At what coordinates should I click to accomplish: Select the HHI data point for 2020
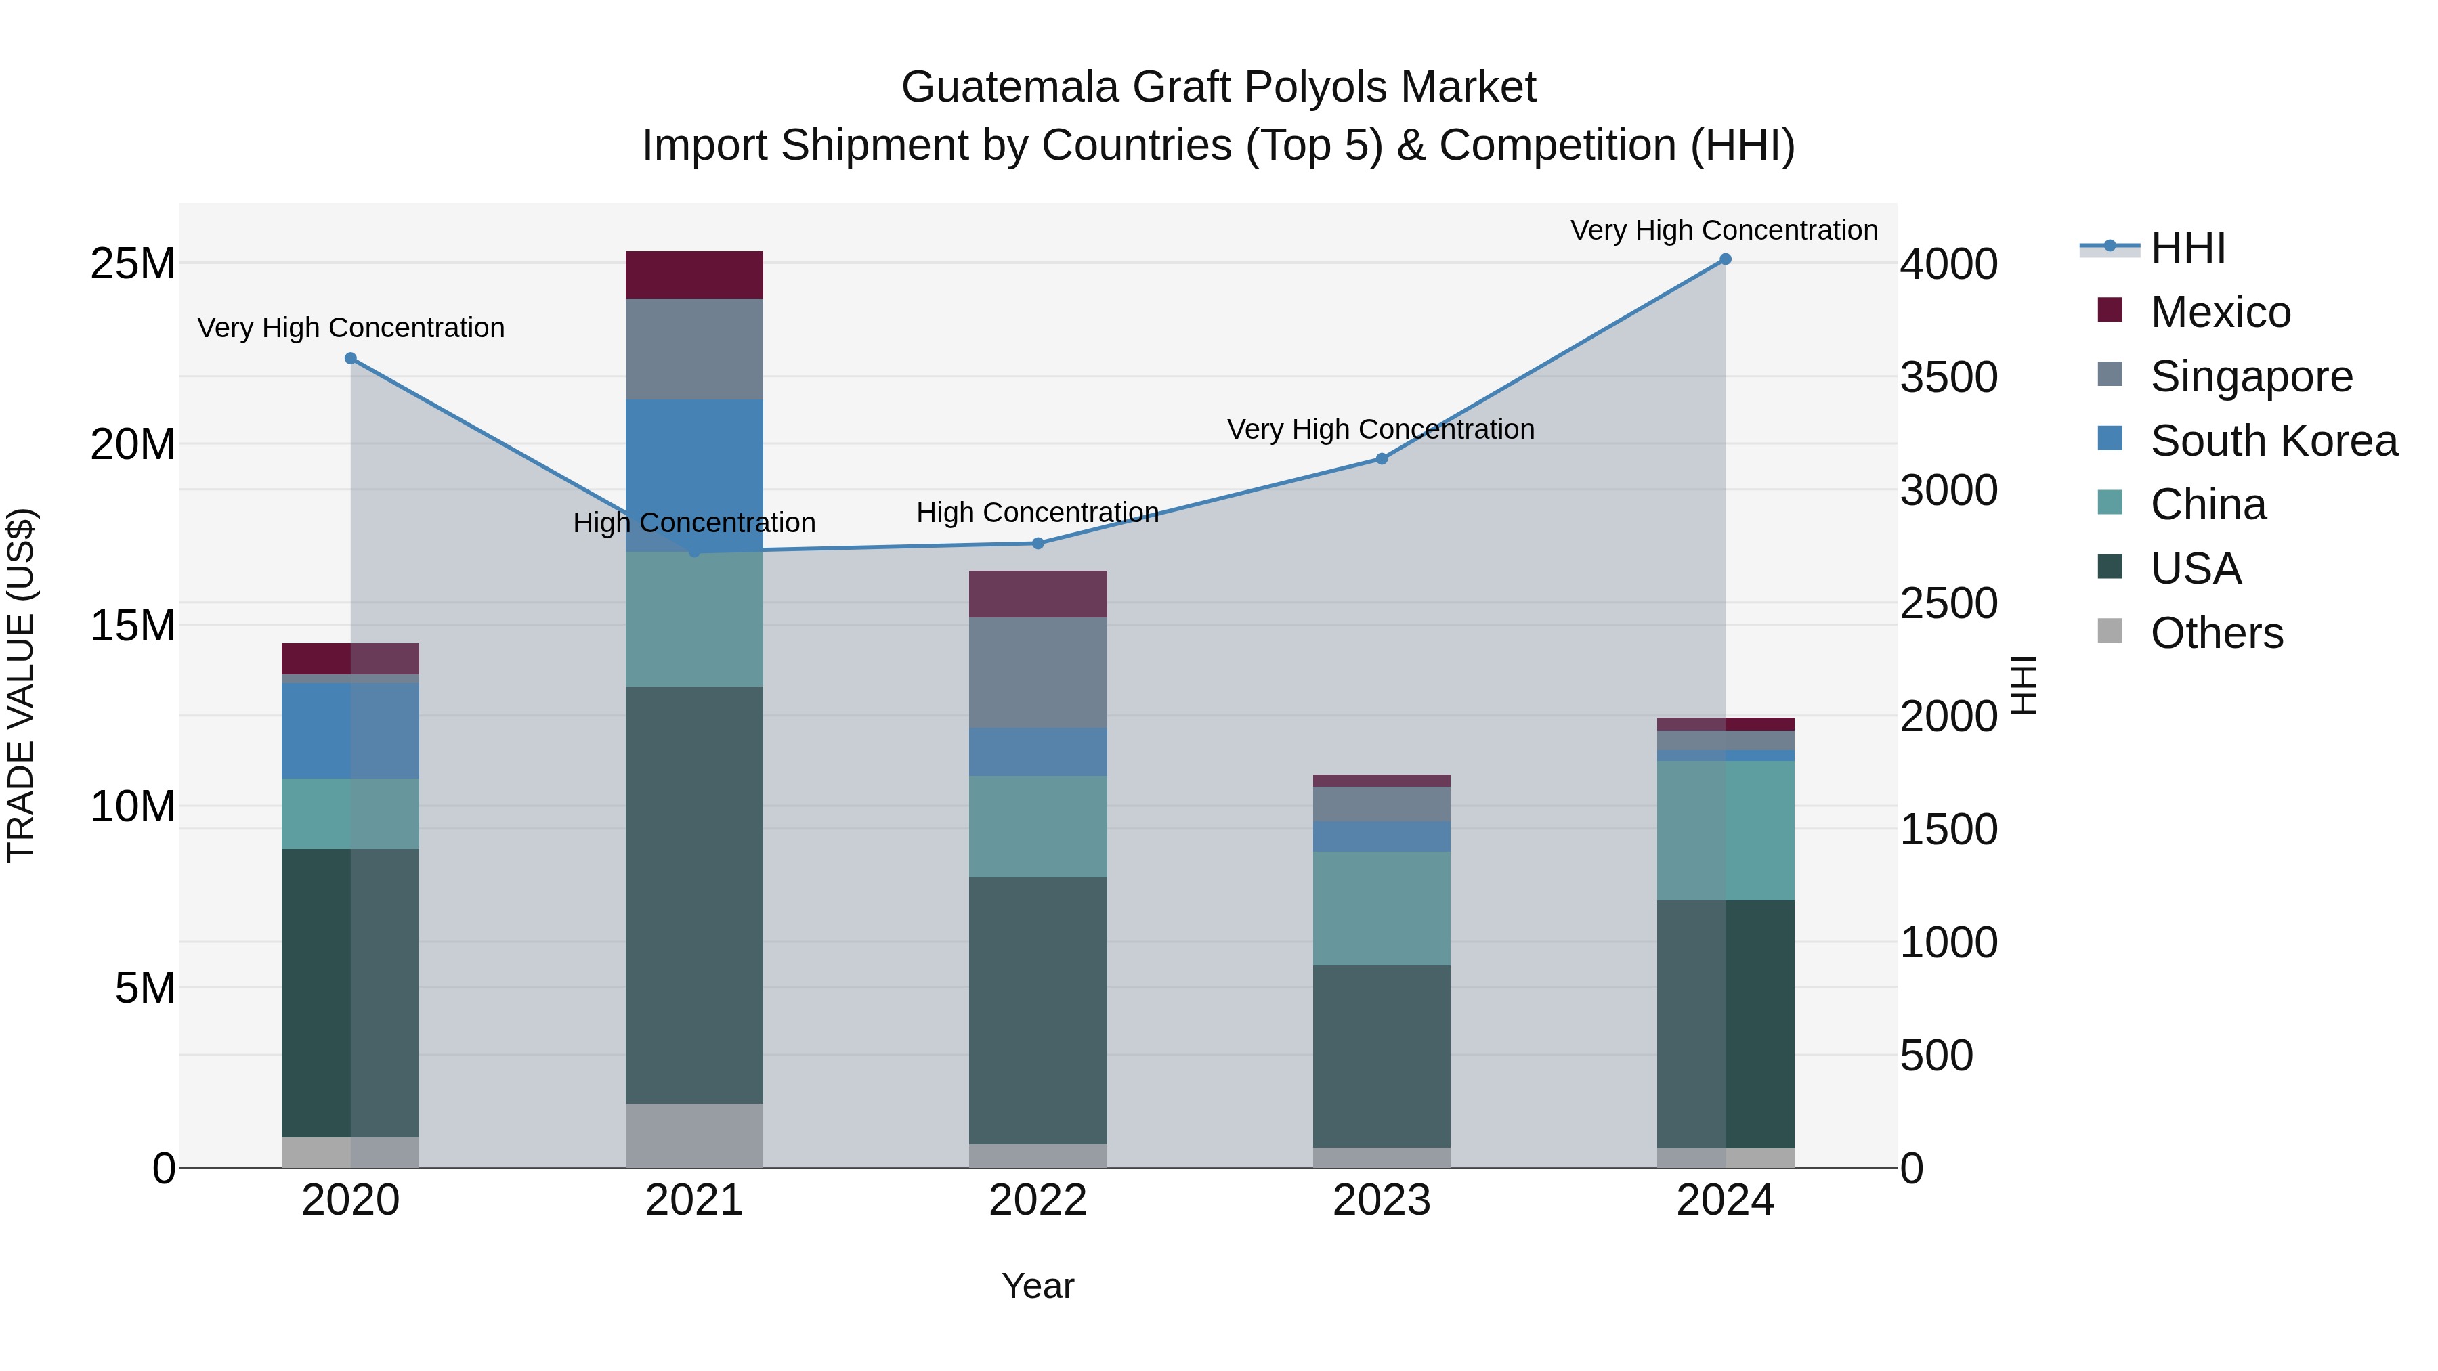[x=350, y=359]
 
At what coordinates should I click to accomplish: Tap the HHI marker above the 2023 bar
[x=1381, y=459]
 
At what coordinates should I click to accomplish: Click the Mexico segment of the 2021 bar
[x=693, y=276]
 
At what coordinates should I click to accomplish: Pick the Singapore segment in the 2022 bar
[x=1038, y=673]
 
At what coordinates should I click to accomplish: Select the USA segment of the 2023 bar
[x=1381, y=1056]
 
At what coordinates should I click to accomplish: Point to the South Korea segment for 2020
[x=350, y=731]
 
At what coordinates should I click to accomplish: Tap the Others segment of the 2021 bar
[x=693, y=1135]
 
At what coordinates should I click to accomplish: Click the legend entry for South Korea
[x=2273, y=441]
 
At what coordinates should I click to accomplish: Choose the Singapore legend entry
[x=2250, y=376]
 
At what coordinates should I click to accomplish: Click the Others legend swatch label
[x=2216, y=633]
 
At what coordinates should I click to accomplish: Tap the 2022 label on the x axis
[x=1038, y=1200]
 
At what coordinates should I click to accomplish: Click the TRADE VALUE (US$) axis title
[x=22, y=685]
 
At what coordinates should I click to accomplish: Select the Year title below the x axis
[x=1038, y=1286]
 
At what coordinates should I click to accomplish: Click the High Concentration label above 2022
[x=1038, y=513]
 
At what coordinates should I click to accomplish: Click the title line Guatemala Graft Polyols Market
[x=1218, y=87]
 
